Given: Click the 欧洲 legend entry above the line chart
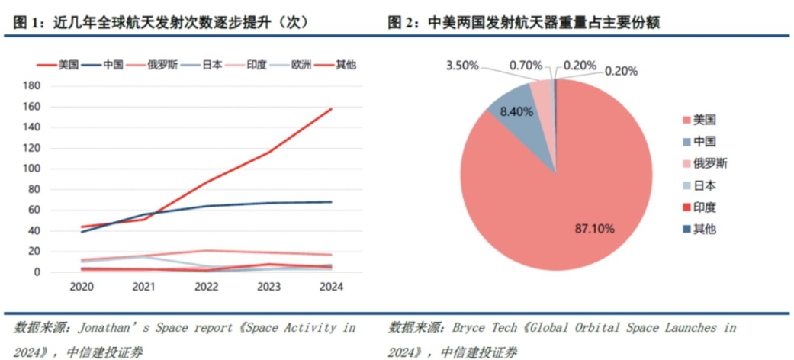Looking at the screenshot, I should [x=300, y=65].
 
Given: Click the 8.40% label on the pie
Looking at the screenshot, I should [x=517, y=112].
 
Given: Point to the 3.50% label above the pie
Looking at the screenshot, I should [x=463, y=66].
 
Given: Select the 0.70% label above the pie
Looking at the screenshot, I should [x=527, y=66].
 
